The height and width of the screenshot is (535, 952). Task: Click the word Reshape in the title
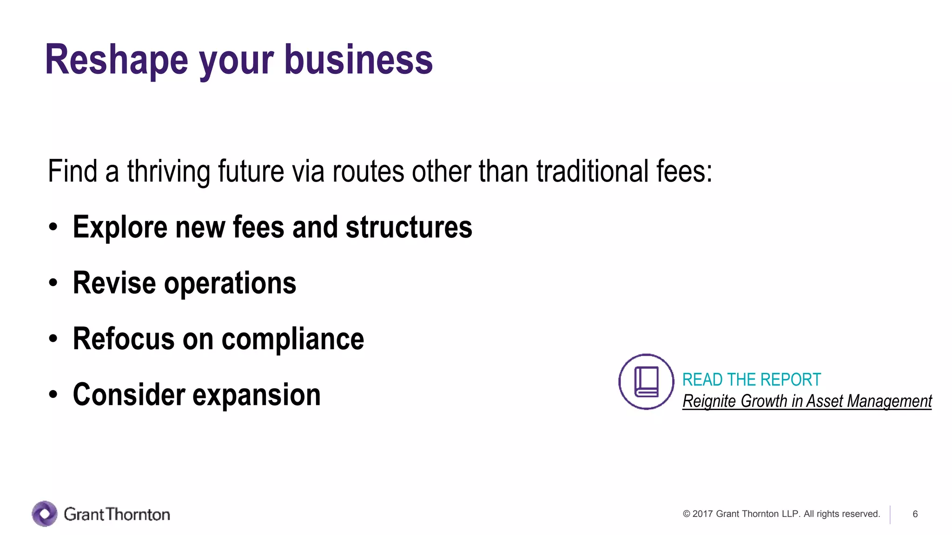pos(116,60)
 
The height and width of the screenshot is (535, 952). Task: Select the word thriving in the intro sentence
pos(169,171)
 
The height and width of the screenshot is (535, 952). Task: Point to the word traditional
pos(592,171)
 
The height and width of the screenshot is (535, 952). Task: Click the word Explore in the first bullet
pos(120,228)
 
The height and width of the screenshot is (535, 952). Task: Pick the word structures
pos(409,228)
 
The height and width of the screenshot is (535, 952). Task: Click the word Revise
pos(114,283)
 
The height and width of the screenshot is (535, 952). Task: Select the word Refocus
pos(124,339)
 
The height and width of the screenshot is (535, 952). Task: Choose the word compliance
pos(293,339)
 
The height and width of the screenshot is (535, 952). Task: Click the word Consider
pos(129,395)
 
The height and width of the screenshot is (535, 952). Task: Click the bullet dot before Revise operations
pos(53,283)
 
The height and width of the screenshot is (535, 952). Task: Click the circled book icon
pos(646,382)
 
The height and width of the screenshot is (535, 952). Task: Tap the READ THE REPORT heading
pos(751,380)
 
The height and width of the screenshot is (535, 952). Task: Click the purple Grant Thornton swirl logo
pos(45,514)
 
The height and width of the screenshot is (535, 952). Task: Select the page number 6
pos(915,514)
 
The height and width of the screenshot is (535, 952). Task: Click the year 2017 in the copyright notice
pos(702,514)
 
